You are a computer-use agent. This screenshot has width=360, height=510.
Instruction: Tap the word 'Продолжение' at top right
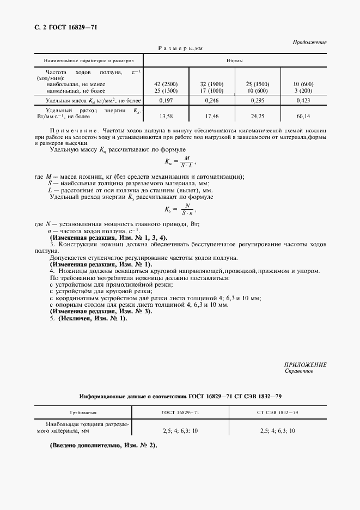coord(309,42)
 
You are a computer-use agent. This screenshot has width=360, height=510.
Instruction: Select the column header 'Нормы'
coord(234,59)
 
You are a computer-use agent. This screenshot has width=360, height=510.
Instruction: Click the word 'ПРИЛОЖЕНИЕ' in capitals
coord(305,364)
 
